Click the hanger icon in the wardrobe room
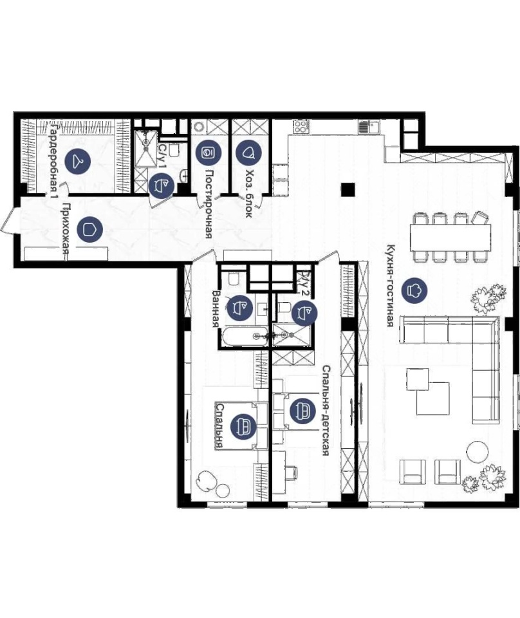tap(78, 160)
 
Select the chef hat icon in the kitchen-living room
tap(414, 290)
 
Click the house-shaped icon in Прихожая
tap(90, 229)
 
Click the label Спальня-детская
tap(326, 410)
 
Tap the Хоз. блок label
tap(248, 194)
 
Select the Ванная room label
tap(216, 309)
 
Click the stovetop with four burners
tap(301, 127)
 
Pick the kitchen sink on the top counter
tap(369, 127)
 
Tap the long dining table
tap(450, 238)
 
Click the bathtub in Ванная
tap(245, 336)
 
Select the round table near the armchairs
tap(478, 451)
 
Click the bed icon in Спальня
tap(243, 426)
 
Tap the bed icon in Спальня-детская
tap(302, 411)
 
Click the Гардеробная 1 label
tap(54, 160)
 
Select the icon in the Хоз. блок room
tap(248, 153)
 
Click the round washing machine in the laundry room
tap(199, 127)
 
